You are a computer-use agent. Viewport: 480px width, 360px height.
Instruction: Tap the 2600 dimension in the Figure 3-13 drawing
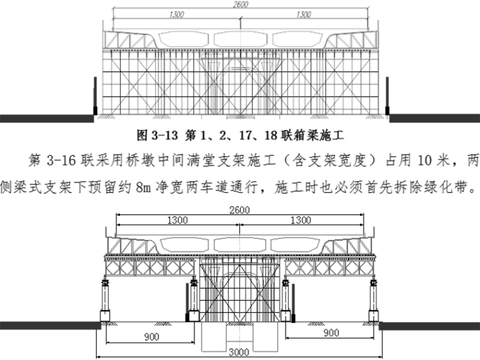coord(241,5)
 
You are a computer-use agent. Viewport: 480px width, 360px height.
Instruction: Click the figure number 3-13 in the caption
coord(167,135)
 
